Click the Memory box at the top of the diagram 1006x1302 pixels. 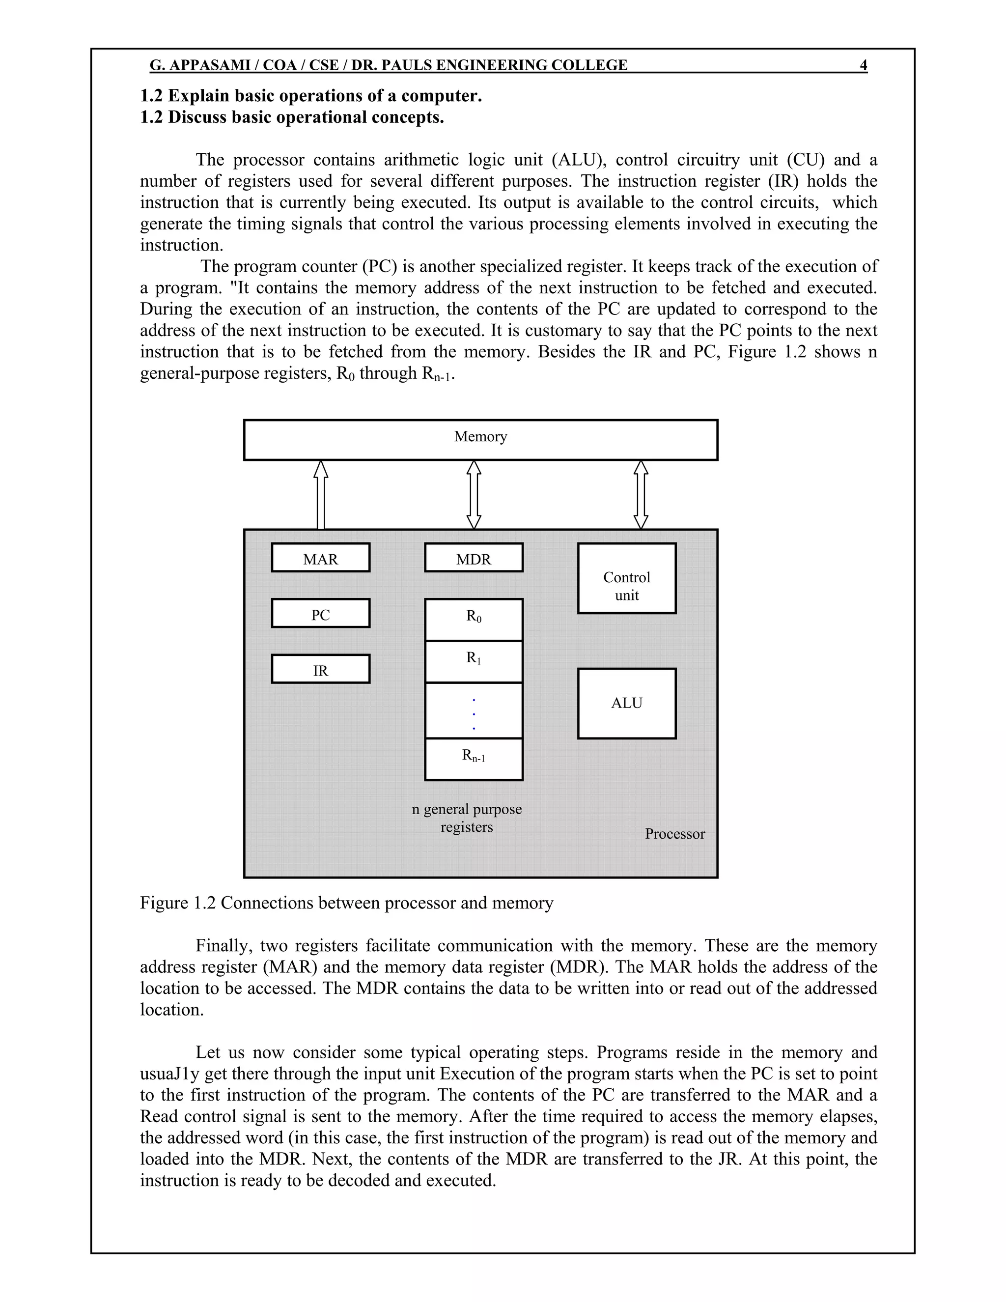point(480,439)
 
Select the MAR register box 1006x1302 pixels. point(321,558)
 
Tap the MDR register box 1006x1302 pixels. point(474,558)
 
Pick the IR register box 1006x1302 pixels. point(321,669)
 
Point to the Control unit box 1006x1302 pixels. point(627,578)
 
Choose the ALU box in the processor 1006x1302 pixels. point(627,704)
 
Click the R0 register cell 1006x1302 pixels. point(474,620)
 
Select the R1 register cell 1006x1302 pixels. point(474,661)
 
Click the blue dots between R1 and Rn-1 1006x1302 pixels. point(474,713)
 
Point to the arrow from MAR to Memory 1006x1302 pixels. point(321,495)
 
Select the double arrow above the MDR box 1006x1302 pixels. point(474,495)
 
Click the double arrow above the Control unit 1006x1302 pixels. point(641,495)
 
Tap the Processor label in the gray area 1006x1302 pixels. point(674,834)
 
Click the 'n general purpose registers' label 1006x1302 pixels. point(467,818)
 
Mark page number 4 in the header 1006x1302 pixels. point(864,65)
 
